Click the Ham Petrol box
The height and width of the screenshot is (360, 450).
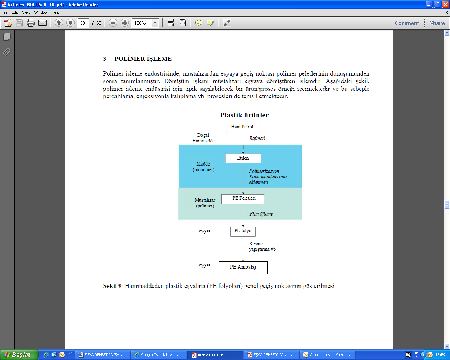click(243, 127)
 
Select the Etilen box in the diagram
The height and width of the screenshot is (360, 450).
click(243, 158)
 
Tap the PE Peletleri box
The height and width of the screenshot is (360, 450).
click(243, 199)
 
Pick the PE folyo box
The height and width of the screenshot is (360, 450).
click(243, 231)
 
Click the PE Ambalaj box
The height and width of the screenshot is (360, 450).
click(243, 268)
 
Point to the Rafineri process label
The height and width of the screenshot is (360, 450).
click(257, 138)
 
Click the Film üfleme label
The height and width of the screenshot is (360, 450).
click(261, 214)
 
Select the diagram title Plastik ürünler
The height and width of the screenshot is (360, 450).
click(244, 115)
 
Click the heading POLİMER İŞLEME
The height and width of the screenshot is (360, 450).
click(143, 59)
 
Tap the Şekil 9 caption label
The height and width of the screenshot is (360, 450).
click(112, 286)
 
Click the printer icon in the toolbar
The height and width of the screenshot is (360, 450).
click(31, 23)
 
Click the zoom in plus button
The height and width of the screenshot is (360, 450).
click(124, 23)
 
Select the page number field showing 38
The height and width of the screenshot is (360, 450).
click(83, 23)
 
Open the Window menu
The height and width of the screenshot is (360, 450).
click(41, 12)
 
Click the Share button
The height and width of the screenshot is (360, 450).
click(437, 23)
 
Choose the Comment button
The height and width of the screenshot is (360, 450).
click(407, 23)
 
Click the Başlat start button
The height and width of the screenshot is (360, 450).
click(19, 355)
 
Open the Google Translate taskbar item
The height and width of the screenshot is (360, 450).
click(159, 355)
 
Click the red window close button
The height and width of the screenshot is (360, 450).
click(446, 4)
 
